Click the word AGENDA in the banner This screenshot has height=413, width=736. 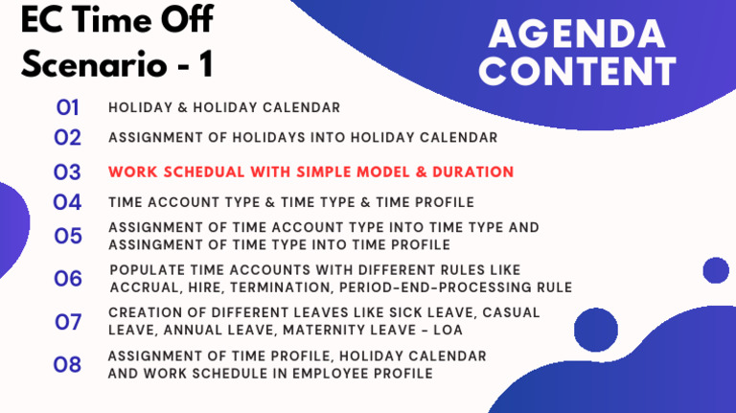coord(577,34)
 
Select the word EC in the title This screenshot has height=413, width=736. coord(39,19)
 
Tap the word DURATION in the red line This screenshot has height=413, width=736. coord(474,172)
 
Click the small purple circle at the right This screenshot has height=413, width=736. coord(716,270)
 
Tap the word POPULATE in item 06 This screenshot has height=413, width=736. coord(144,270)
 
